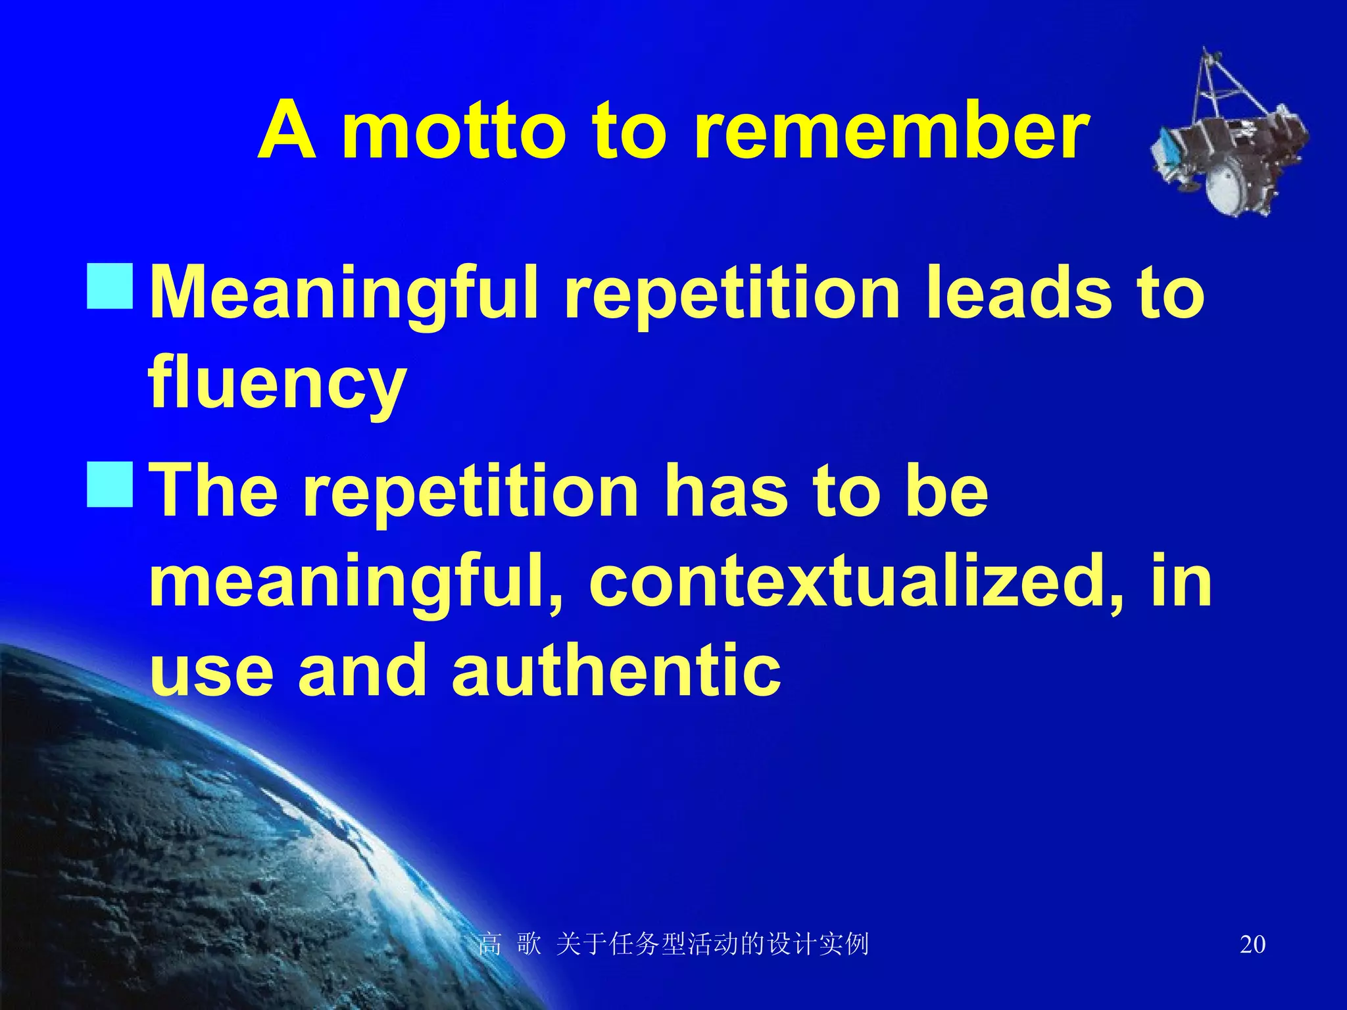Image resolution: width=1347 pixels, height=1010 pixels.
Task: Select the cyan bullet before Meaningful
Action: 110,287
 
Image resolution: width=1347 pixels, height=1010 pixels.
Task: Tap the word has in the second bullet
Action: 727,491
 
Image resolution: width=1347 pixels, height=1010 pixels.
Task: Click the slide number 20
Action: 1252,944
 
